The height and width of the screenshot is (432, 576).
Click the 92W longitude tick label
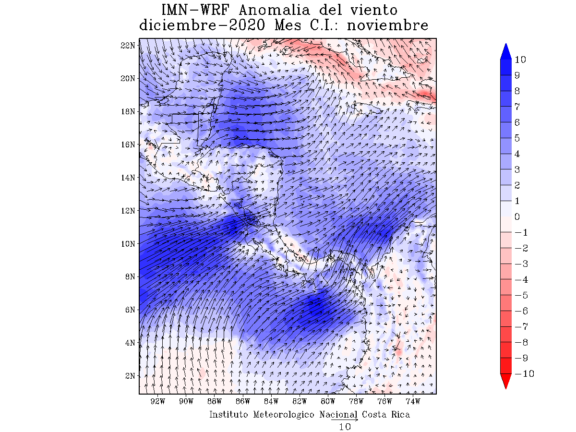[158, 401]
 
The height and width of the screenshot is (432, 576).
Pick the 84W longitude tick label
[271, 401]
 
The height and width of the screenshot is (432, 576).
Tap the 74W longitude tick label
[413, 401]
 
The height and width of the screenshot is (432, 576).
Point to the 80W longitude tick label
[328, 401]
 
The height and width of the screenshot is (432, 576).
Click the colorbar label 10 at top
[520, 60]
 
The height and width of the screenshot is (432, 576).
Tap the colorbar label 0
[517, 217]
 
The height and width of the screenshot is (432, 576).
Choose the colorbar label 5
[517, 138]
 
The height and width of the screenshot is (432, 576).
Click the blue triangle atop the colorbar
[505, 52]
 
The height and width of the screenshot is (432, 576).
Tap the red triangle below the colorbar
[505, 381]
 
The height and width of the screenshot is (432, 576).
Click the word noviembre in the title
[387, 25]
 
